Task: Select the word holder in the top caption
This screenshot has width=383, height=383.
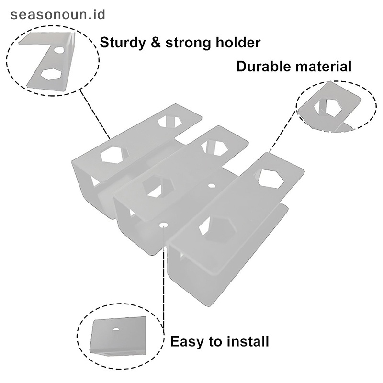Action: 237,43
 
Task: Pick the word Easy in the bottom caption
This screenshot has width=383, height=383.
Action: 187,342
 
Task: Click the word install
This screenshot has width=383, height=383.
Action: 247,342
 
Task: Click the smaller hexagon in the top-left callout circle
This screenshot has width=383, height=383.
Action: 59,49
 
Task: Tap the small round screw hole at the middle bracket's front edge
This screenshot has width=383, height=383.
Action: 164,224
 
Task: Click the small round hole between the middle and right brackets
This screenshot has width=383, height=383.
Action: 212,185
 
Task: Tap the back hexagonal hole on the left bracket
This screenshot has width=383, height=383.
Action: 170,121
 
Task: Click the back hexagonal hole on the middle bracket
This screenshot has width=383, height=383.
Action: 214,147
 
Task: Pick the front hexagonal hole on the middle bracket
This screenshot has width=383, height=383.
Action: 156,187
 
